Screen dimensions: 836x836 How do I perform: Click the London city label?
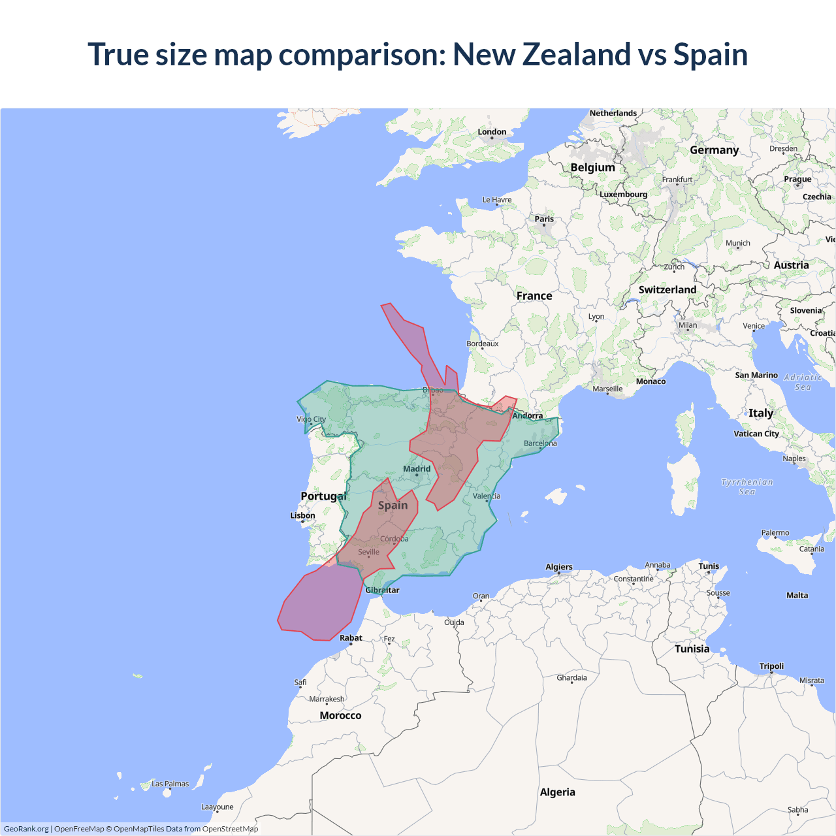pos(492,132)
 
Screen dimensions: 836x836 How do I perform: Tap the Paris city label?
pos(544,219)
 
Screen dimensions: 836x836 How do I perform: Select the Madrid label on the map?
pos(417,469)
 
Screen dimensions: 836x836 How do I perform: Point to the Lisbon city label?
pos(302,515)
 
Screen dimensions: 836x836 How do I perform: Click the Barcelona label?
pos(540,443)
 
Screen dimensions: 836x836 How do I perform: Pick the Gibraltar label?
pos(382,590)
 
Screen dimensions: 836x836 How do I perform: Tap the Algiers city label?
pos(559,567)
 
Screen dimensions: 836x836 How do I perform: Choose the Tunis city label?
pos(709,566)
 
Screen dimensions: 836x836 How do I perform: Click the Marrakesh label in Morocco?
pos(327,699)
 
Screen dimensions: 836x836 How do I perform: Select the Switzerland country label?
pos(667,289)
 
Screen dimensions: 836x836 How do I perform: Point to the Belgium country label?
pos(592,167)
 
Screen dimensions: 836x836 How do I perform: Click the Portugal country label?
pos(323,496)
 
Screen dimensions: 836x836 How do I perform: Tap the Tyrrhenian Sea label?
pos(747,487)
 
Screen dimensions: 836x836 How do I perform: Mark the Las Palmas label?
pos(170,784)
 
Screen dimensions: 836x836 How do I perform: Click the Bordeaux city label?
pos(482,344)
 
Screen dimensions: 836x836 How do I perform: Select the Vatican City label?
pos(756,434)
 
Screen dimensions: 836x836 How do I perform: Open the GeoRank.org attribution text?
pos(26,829)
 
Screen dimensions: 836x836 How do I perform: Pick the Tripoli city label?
pos(771,666)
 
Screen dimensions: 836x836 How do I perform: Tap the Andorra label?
pos(528,415)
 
